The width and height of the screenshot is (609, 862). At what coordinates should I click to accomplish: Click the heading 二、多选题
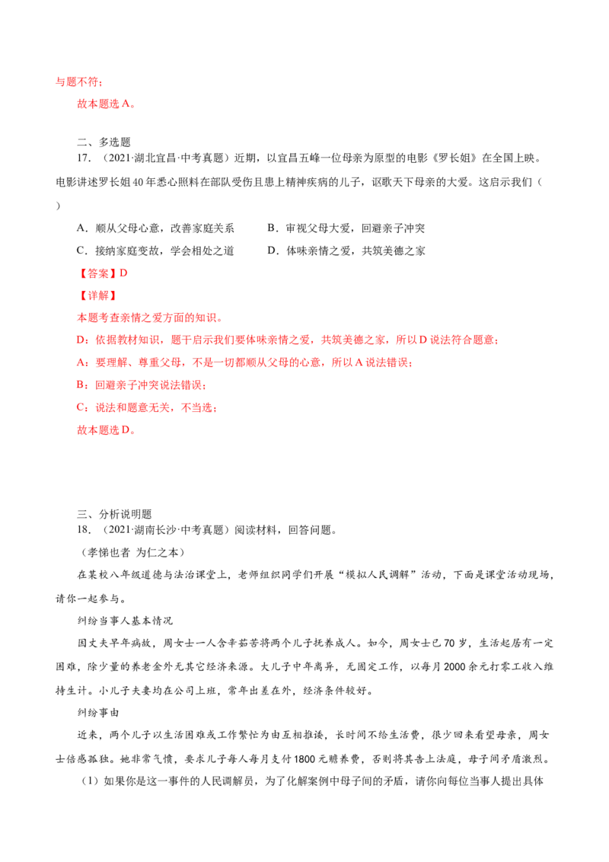coord(104,142)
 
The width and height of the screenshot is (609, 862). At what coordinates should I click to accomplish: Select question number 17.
coord(84,158)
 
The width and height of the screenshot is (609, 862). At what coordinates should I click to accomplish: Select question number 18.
coord(84,530)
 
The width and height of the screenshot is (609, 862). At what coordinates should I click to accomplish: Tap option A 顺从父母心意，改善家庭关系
coord(155,228)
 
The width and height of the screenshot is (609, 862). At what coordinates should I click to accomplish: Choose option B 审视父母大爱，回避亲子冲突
coord(346,228)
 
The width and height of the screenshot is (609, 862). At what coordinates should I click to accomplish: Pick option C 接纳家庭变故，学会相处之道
coord(155,251)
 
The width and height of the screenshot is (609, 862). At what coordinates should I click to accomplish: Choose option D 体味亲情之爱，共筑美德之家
coord(346,251)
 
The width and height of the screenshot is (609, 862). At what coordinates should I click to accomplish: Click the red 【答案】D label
coord(102,273)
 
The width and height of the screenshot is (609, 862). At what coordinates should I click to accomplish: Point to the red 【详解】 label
coord(97,295)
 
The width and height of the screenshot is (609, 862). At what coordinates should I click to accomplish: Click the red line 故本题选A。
coord(106,104)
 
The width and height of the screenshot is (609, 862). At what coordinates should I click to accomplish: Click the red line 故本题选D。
coord(106,430)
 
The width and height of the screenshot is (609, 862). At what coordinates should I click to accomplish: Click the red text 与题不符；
coord(79,81)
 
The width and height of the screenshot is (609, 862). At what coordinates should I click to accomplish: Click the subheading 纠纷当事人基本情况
coord(125,621)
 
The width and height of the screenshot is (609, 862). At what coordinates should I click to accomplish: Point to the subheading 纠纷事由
coord(98,713)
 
